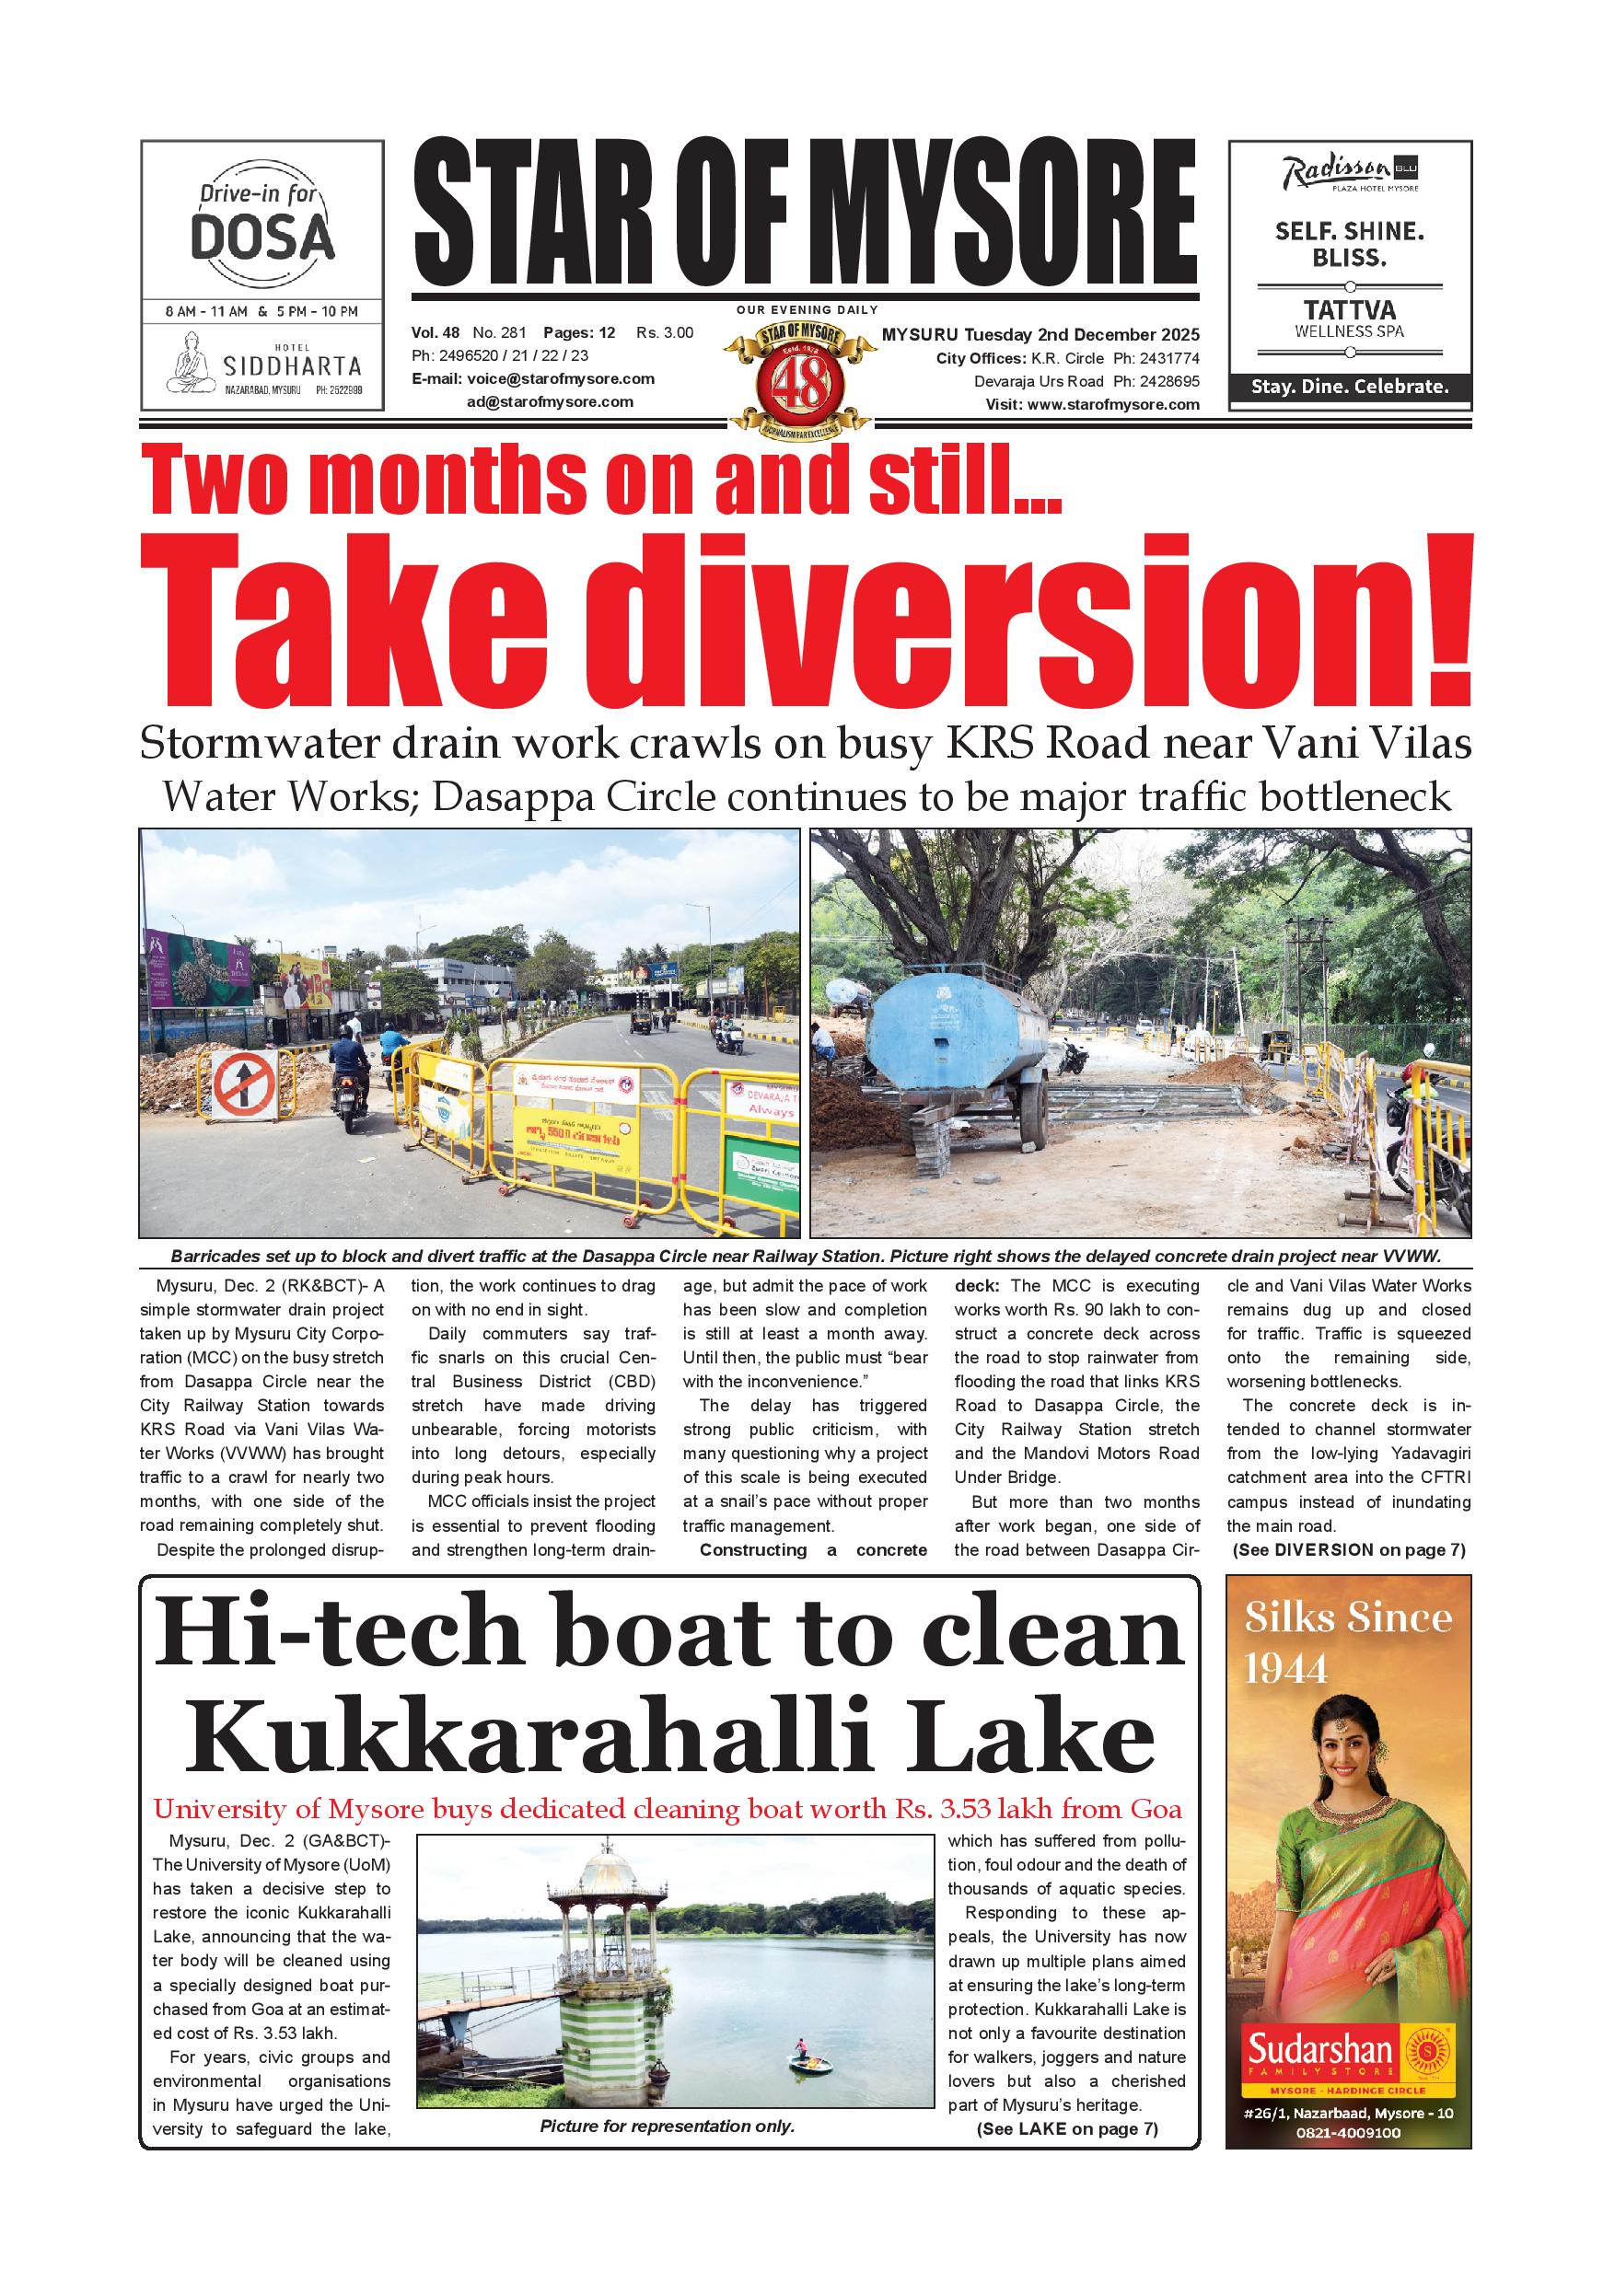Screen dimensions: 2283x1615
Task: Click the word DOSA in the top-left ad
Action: pos(262,238)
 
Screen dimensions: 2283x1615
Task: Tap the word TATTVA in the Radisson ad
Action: pos(1350,309)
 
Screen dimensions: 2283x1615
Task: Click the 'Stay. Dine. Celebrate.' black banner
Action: pos(1350,387)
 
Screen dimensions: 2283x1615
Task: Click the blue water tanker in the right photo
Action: pos(955,1026)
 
